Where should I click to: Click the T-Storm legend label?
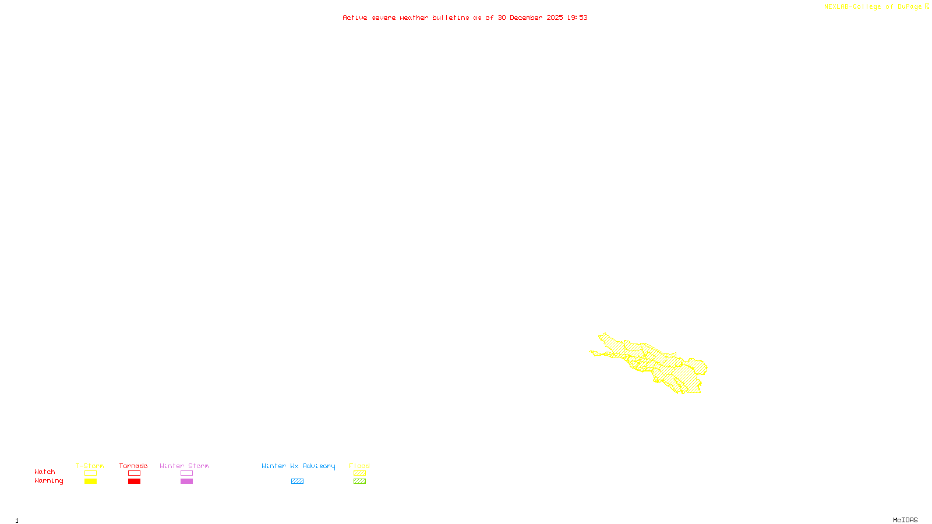tap(90, 466)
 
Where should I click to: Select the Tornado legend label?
tap(133, 466)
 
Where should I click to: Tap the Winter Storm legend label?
tap(184, 466)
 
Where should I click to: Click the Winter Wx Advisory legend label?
tap(298, 466)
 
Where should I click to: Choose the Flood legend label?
tap(359, 466)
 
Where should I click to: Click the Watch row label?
tap(45, 472)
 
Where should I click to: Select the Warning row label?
tap(49, 481)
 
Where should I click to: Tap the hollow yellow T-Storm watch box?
tap(90, 473)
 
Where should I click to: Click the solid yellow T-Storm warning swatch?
tap(90, 481)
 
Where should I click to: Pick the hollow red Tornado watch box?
tap(135, 473)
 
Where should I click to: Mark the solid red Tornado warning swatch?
tap(135, 481)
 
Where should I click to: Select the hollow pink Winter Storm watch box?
tap(186, 473)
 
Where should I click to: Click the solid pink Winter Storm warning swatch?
tap(186, 481)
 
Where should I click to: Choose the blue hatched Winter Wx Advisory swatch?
tap(297, 481)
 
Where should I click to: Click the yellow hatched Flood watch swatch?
tap(360, 473)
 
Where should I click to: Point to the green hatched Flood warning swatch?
tap(360, 481)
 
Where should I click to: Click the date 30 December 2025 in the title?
tap(530, 17)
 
